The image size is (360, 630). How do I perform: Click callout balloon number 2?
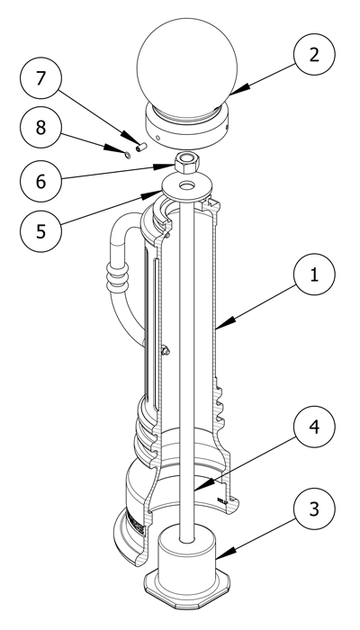pos(314,54)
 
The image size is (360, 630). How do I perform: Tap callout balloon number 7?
pos(40,78)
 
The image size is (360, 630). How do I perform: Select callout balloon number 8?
pos(40,128)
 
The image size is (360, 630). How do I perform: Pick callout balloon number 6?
pos(40,181)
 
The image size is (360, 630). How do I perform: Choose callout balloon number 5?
pos(40,231)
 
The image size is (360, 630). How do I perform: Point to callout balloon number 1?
pos(314,274)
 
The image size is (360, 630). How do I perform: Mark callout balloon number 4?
pos(314,427)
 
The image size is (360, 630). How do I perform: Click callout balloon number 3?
pos(314,508)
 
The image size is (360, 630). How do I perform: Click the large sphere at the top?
pos(187,64)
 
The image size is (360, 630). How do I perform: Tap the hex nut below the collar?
pos(187,162)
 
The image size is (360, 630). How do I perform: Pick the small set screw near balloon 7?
pos(141,148)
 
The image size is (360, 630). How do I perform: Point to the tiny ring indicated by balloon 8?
pos(128,155)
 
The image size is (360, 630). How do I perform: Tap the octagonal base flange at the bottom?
pos(187,588)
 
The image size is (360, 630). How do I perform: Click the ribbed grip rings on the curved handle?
pos(117,276)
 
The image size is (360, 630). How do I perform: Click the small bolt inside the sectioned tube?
pos(165,350)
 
